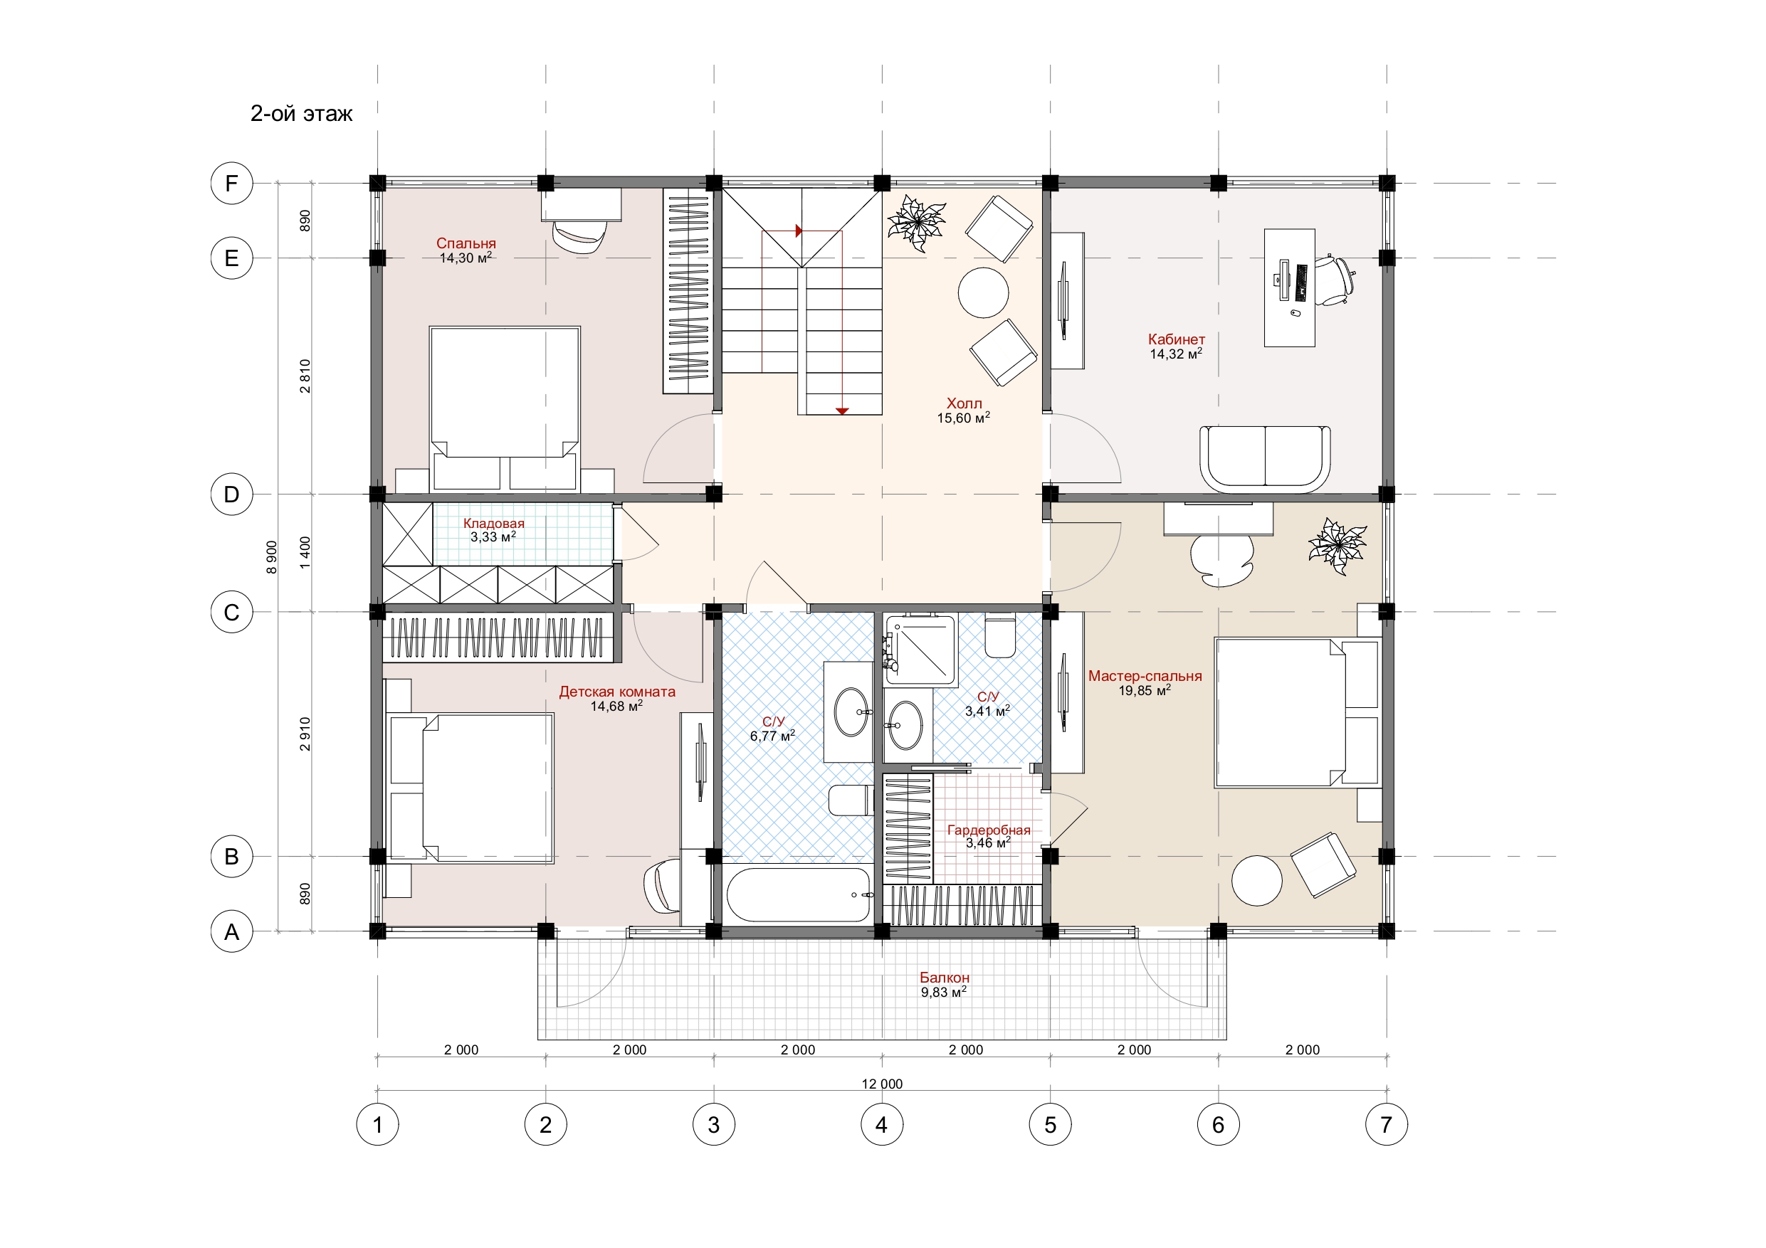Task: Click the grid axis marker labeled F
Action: point(231,183)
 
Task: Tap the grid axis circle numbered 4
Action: point(881,1124)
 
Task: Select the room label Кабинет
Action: point(1176,339)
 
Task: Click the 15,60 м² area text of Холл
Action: point(963,418)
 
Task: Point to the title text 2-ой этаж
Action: point(302,114)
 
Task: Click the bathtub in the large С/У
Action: point(799,894)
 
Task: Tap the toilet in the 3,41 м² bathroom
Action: point(1000,635)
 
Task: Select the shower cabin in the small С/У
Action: point(920,650)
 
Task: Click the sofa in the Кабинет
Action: point(1264,459)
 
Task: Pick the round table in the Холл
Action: point(983,292)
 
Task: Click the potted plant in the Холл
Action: point(916,222)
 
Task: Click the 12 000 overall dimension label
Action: point(882,1084)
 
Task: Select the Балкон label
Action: point(945,978)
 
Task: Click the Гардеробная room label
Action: point(989,830)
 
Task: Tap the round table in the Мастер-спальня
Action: point(1257,880)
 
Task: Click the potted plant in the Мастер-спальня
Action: point(1337,545)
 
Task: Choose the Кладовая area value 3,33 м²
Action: point(493,536)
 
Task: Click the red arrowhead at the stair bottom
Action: point(842,411)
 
